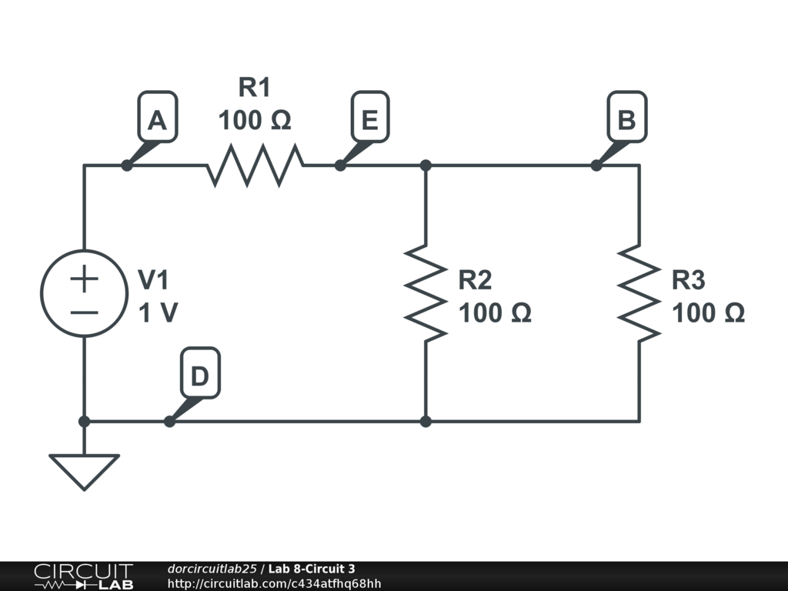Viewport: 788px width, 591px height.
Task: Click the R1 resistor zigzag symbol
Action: pyautogui.click(x=255, y=165)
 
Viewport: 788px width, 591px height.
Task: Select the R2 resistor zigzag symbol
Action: pyautogui.click(x=426, y=292)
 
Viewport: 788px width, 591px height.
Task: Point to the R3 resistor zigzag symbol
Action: pyautogui.click(x=639, y=292)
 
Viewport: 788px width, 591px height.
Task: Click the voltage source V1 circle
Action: pyautogui.click(x=84, y=293)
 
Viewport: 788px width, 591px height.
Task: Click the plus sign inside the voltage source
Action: pyautogui.click(x=84, y=279)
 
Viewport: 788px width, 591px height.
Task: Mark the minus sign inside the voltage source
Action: pyautogui.click(x=84, y=312)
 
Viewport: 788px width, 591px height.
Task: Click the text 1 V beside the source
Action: pyautogui.click(x=158, y=313)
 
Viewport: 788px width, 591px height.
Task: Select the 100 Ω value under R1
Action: pyautogui.click(x=255, y=121)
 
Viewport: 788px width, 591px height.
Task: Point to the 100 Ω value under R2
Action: pyautogui.click(x=495, y=313)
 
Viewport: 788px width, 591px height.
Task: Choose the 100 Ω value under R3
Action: pyautogui.click(x=708, y=313)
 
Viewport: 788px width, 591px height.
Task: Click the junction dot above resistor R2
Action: pyautogui.click(x=426, y=165)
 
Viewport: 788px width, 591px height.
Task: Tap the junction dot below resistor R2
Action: pyautogui.click(x=426, y=422)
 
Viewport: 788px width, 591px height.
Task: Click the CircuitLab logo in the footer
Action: pyautogui.click(x=83, y=576)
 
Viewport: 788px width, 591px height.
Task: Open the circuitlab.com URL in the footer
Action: pyautogui.click(x=274, y=584)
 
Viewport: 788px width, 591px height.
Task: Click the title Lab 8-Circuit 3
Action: pyautogui.click(x=312, y=569)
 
